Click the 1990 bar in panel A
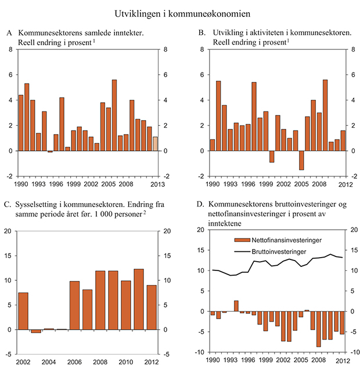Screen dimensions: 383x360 (x=21, y=123)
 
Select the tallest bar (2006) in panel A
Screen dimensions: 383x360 (x=114, y=115)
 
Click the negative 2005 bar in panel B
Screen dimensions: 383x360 (x=301, y=160)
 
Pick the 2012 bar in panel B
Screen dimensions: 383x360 (x=343, y=140)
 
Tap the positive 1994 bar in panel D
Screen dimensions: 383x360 (x=236, y=306)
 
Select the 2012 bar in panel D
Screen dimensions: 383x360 (x=341, y=323)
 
